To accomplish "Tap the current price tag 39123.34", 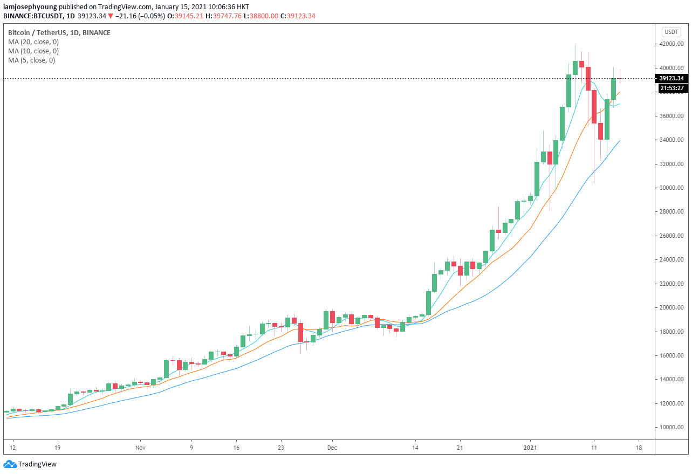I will (672, 78).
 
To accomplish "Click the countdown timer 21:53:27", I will (672, 88).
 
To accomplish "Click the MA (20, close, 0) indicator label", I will (33, 42).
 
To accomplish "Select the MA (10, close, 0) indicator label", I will (33, 51).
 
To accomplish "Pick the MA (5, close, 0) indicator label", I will (31, 60).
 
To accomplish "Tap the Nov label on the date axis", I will (140, 448).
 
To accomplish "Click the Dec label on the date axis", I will (332, 448).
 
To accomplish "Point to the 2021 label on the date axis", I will (532, 448).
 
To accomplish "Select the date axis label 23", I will (281, 448).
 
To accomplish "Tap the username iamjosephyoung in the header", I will (30, 7).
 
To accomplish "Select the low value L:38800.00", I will (260, 16).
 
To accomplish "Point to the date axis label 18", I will (639, 448).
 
